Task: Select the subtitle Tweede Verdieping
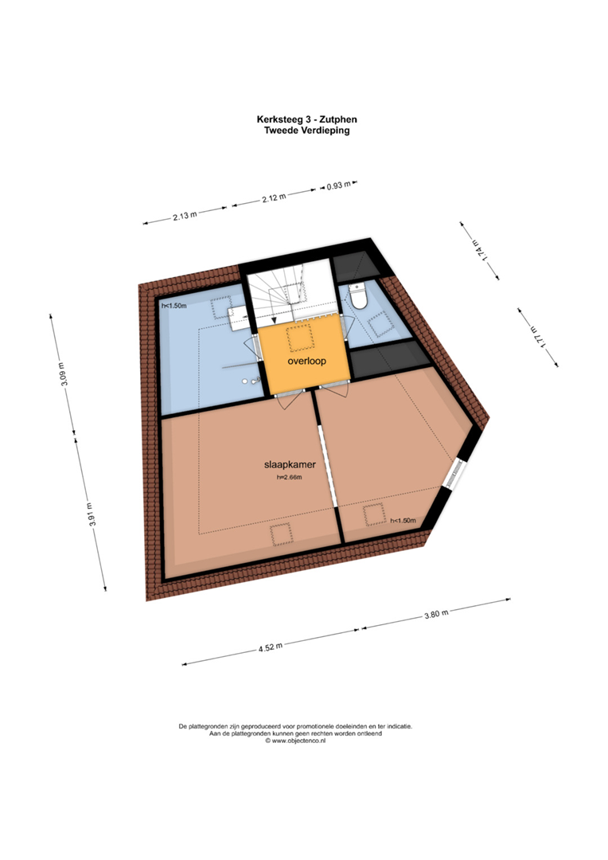(307, 131)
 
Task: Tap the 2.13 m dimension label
(185, 215)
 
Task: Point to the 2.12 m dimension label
(274, 197)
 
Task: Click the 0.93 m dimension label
(339, 186)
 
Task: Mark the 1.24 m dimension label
(478, 251)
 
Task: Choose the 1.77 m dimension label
(536, 336)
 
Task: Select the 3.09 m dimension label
(63, 374)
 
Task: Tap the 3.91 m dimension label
(91, 514)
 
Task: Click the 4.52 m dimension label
(271, 647)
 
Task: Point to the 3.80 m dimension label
(436, 614)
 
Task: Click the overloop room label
(307, 361)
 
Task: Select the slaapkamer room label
(290, 464)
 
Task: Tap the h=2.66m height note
(290, 477)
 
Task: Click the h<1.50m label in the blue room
(173, 306)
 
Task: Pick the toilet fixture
(359, 296)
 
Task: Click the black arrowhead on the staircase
(274, 320)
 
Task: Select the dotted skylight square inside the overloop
(299, 338)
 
